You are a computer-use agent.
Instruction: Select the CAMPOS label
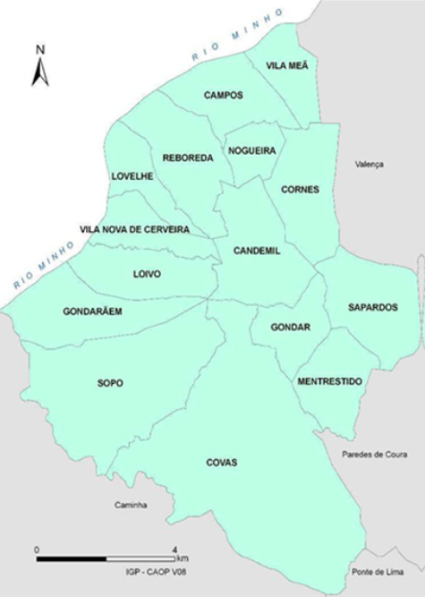pos(223,95)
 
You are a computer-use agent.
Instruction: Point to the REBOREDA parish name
pos(188,158)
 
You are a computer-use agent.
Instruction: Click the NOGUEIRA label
pos(251,151)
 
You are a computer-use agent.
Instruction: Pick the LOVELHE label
pos(132,176)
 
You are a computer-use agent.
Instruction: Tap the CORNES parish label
pos(300,190)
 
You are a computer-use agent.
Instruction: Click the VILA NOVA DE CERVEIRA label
pos(134,230)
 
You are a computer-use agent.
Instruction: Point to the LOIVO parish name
pos(146,274)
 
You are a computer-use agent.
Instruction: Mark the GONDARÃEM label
pos(92,311)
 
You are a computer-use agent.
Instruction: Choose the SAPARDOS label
pos(372,307)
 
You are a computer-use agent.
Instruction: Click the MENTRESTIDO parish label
pos(328,381)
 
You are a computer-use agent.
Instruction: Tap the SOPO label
pos(110,383)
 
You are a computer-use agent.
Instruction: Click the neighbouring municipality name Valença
pos(368,165)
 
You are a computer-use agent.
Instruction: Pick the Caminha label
pos(130,505)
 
